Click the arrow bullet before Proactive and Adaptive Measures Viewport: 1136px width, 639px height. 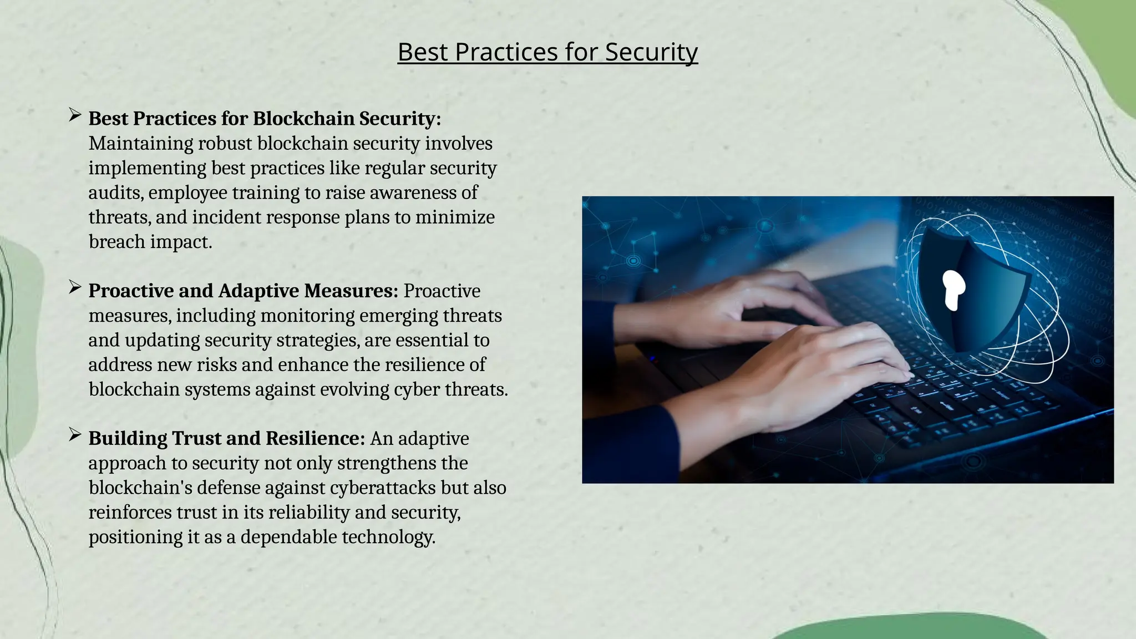pyautogui.click(x=75, y=287)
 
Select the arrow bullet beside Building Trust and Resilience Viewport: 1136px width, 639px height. pyautogui.click(x=75, y=435)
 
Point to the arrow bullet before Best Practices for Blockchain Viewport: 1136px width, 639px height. pyautogui.click(x=75, y=115)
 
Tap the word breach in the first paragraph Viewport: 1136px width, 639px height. pyautogui.click(x=116, y=242)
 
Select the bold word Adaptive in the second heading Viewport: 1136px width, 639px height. pyautogui.click(x=258, y=291)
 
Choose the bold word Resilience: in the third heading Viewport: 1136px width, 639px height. pyautogui.click(x=315, y=438)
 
